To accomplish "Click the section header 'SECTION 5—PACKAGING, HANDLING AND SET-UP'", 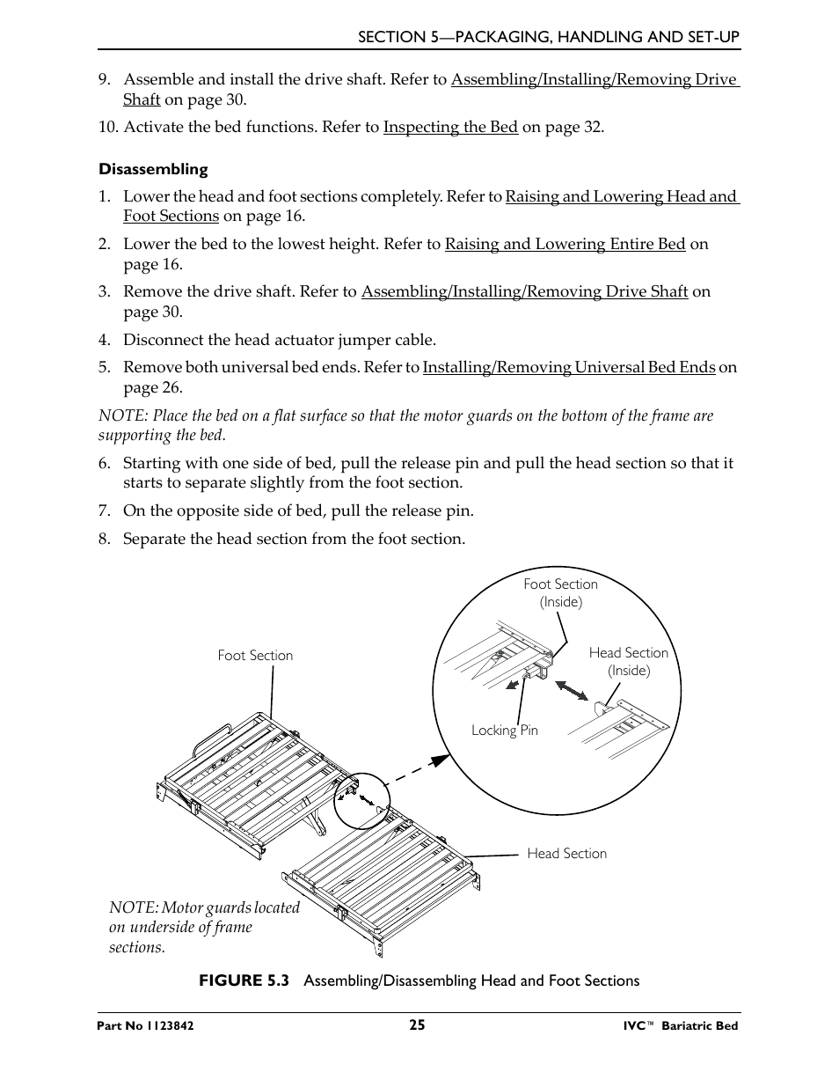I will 548,36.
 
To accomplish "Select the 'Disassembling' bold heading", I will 153,169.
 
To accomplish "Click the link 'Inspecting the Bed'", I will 450,127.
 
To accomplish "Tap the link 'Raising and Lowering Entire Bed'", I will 565,244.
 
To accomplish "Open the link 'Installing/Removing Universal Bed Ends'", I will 568,367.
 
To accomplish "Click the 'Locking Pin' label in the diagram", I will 504,730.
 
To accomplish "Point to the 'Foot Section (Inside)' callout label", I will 560,592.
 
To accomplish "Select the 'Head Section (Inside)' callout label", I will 628,661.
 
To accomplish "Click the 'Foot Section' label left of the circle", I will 255,655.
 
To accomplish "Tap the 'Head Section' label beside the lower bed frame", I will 566,853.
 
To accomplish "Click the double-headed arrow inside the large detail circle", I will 572,691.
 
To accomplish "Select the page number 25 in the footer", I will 417,1025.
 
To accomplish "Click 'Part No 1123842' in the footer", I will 146,1026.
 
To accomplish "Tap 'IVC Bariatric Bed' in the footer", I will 675,1026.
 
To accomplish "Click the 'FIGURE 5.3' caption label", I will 244,981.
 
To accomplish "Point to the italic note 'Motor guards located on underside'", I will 204,927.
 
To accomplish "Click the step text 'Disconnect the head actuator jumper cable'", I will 279,340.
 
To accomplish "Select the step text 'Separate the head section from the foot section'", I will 294,539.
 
